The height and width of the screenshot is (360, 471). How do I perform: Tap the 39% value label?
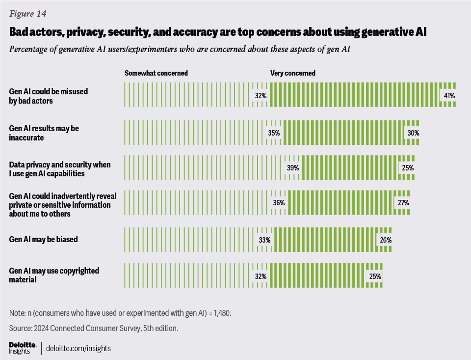[x=293, y=168]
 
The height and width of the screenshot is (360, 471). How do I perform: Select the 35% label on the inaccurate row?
[x=274, y=133]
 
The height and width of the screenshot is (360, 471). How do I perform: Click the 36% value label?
[x=279, y=203]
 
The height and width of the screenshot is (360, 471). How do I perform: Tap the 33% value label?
[x=265, y=240]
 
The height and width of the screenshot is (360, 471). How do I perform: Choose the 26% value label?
[x=385, y=240]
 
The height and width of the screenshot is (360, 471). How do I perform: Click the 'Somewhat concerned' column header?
[x=156, y=73]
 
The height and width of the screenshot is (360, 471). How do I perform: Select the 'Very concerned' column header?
[x=293, y=73]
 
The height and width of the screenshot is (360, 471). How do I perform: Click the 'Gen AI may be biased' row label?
[x=44, y=240]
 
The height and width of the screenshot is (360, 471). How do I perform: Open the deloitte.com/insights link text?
[x=78, y=348]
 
